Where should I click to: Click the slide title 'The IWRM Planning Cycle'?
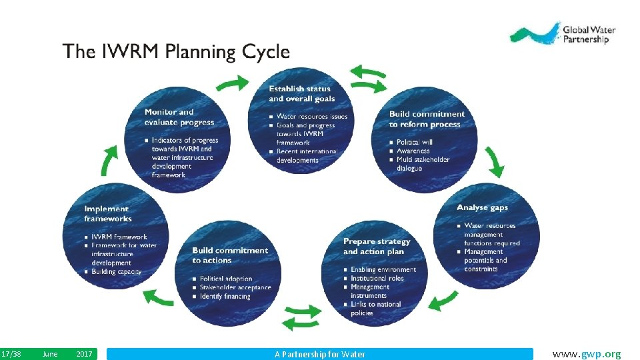pyautogui.click(x=176, y=52)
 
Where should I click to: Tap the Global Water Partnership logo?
pyautogui.click(x=563, y=34)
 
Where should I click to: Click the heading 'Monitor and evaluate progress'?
pyautogui.click(x=179, y=117)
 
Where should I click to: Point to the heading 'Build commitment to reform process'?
pyautogui.click(x=427, y=119)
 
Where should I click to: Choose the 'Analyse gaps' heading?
pyautogui.click(x=482, y=208)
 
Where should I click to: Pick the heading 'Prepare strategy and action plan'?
pyautogui.click(x=377, y=246)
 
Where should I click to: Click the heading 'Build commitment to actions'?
pyautogui.click(x=229, y=255)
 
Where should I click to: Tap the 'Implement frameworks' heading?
pyautogui.click(x=108, y=213)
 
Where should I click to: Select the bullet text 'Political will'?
pyautogui.click(x=414, y=142)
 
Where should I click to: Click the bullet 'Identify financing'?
pyautogui.click(x=225, y=296)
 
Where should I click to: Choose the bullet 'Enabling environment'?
pyautogui.click(x=383, y=269)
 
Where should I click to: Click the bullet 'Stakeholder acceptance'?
pyautogui.click(x=235, y=287)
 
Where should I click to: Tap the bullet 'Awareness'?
pyautogui.click(x=413, y=151)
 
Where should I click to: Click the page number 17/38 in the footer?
pyautogui.click(x=11, y=354)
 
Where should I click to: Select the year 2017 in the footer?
pyautogui.click(x=84, y=354)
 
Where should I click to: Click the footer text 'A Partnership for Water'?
pyautogui.click(x=320, y=354)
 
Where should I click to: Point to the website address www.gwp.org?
pyautogui.click(x=587, y=353)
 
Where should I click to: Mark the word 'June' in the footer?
pyautogui.click(x=49, y=354)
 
